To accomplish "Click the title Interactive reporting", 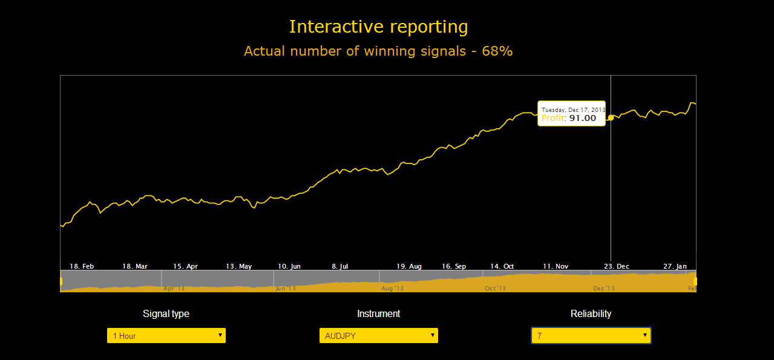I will pos(378,27).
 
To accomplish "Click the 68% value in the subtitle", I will pos(497,51).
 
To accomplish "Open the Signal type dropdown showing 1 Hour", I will pos(166,336).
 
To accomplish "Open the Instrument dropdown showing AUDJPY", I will pos(379,336).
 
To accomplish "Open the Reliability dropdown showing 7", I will pos(591,336).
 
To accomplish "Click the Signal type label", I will pos(166,314).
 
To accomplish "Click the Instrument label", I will pos(378,314).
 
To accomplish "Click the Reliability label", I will pos(591,314).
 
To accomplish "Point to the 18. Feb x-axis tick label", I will pos(82,266).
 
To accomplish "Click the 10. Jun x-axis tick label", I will pos(289,266).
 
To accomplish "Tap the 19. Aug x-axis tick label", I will pos(409,266).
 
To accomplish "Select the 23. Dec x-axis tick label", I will pos(617,266).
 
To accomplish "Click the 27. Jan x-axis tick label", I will pos(675,266).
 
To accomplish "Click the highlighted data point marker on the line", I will pos(611,117).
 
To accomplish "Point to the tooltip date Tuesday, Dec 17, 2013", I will pos(573,110).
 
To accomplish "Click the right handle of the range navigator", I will pos(695,281).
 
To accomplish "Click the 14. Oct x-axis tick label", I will pos(502,266).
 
